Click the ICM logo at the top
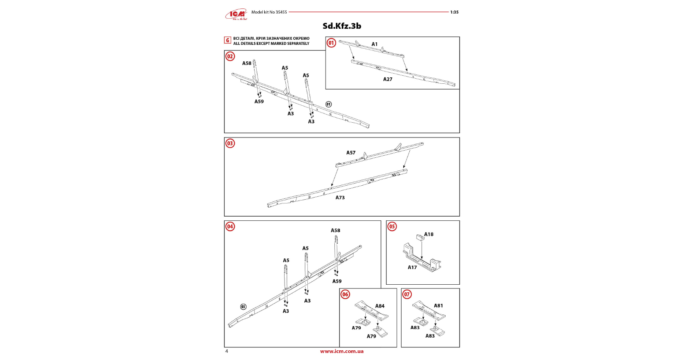(236, 15)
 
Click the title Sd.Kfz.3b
(342, 26)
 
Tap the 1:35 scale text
(454, 12)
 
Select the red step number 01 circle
(331, 43)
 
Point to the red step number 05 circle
(392, 226)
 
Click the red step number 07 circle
(407, 294)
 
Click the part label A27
(388, 79)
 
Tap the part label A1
(375, 44)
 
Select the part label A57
(351, 153)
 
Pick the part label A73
(340, 198)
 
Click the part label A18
(429, 234)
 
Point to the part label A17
(412, 267)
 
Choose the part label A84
(380, 306)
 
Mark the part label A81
(438, 306)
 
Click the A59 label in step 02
(259, 102)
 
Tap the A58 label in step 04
(335, 231)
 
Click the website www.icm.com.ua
(342, 351)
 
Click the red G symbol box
(227, 41)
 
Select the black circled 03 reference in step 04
(243, 307)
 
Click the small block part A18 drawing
(420, 237)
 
